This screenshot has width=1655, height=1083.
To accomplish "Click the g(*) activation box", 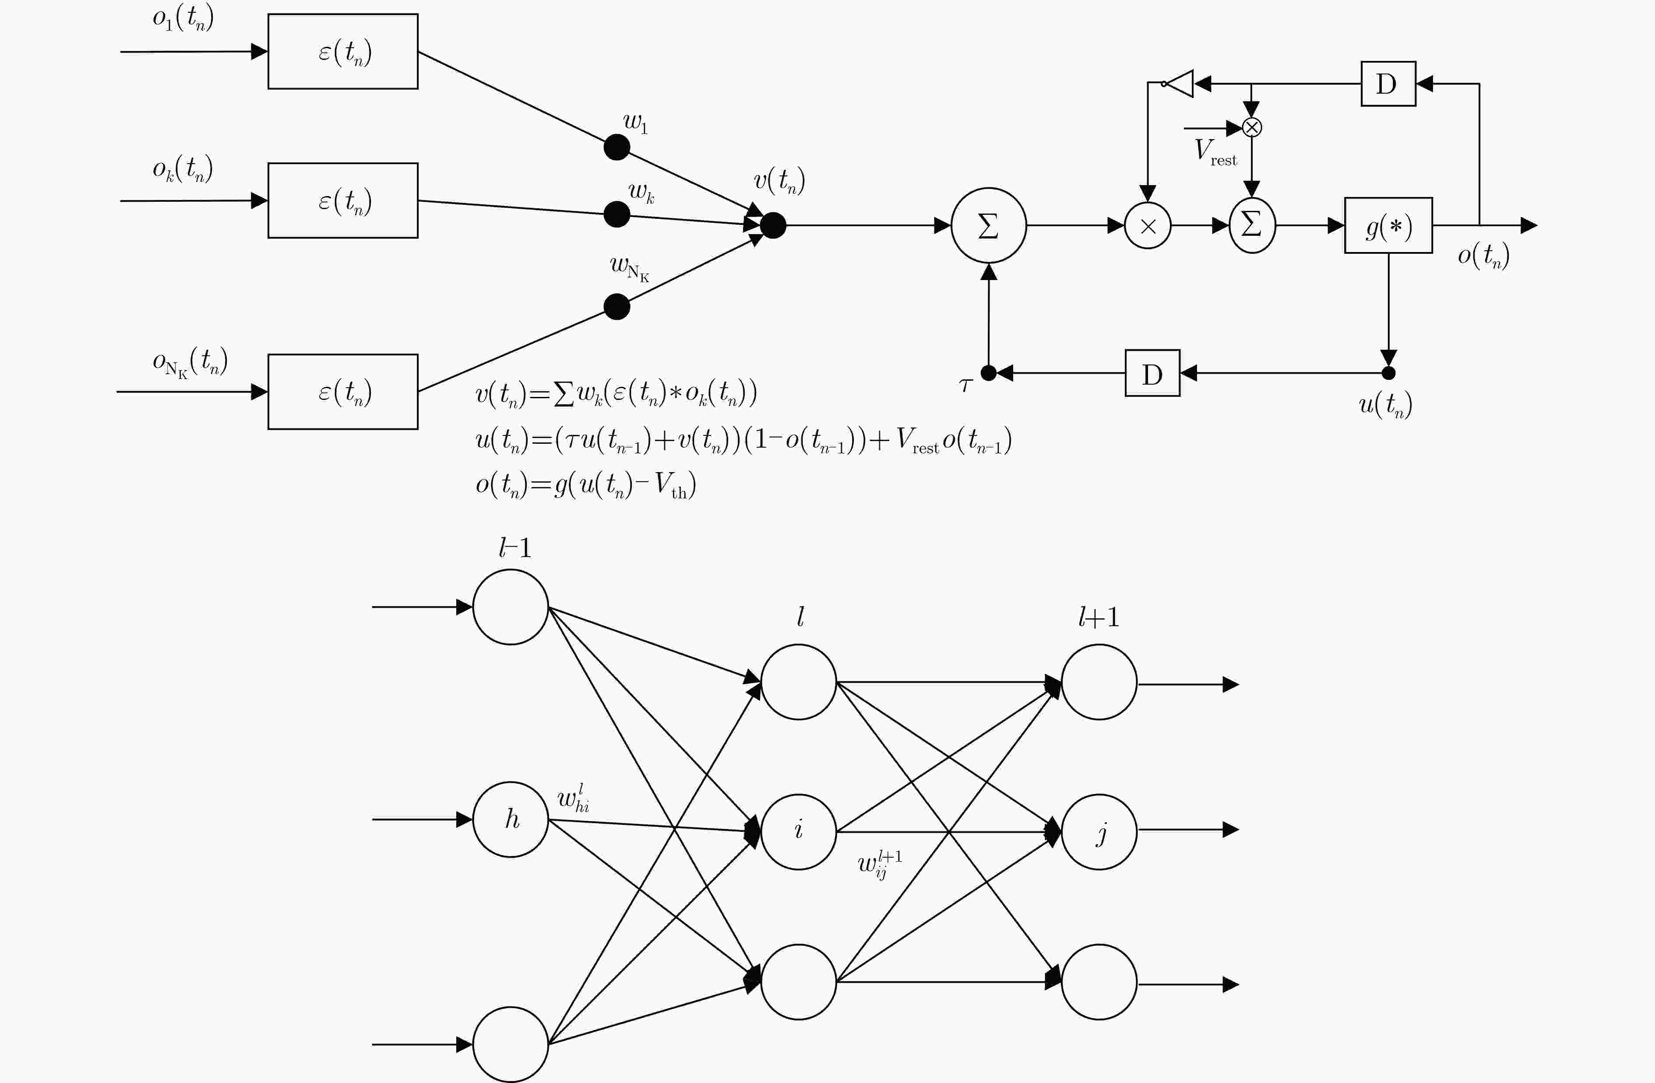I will [x=1388, y=225].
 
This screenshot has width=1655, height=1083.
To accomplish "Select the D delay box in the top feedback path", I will [x=1388, y=84].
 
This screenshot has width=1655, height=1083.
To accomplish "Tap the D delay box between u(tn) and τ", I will [x=1152, y=373].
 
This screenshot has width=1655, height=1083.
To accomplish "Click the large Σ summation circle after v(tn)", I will [x=988, y=225].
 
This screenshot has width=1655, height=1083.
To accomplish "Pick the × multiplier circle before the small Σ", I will [x=1148, y=225].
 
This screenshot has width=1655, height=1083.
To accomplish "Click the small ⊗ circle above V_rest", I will [x=1252, y=127].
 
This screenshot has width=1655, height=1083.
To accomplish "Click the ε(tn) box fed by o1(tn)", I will [x=343, y=52].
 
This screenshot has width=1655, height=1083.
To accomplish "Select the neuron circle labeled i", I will [x=798, y=831].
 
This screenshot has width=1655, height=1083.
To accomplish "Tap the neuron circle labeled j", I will [x=1099, y=831].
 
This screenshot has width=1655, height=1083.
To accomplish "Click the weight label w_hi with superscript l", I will [x=574, y=798].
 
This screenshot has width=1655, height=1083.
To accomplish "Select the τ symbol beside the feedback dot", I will [x=965, y=384].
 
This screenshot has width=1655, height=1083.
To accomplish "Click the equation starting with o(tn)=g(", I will [x=585, y=484].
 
